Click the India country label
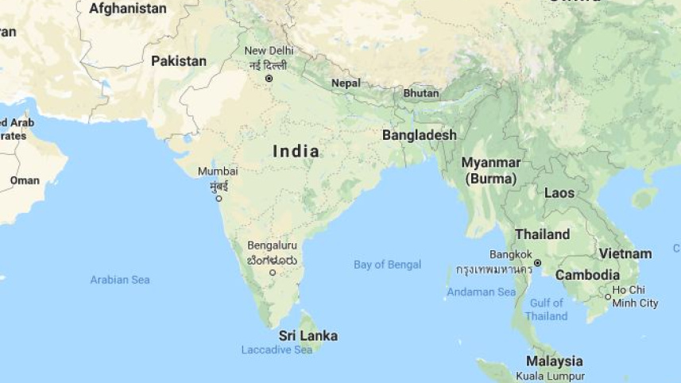296,151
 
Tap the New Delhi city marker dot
269,79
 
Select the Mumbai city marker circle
219,199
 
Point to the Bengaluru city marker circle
273,273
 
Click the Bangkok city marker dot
538,263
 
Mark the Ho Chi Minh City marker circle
608,297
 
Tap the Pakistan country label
179,61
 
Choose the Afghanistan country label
128,9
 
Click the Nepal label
346,83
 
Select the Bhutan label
421,93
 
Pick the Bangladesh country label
420,135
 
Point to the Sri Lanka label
308,336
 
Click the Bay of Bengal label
388,265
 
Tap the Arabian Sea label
120,280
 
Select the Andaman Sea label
482,292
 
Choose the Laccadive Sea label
277,350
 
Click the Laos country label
559,193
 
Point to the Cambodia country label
587,275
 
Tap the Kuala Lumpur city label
550,376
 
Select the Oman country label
25,180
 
